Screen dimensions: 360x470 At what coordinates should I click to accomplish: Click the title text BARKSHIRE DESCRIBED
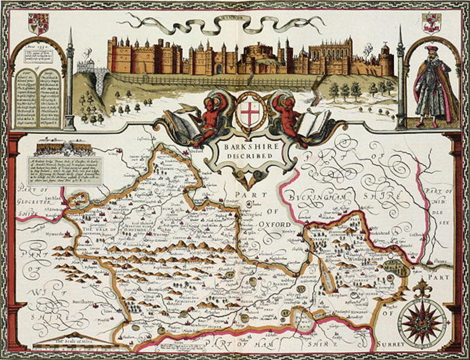[x=248, y=151]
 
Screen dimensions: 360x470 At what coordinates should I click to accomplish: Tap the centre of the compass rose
[x=421, y=321]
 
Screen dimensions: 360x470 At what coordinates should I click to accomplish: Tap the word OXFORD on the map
[x=277, y=224]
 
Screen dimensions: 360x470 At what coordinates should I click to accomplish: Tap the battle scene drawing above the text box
[x=64, y=148]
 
